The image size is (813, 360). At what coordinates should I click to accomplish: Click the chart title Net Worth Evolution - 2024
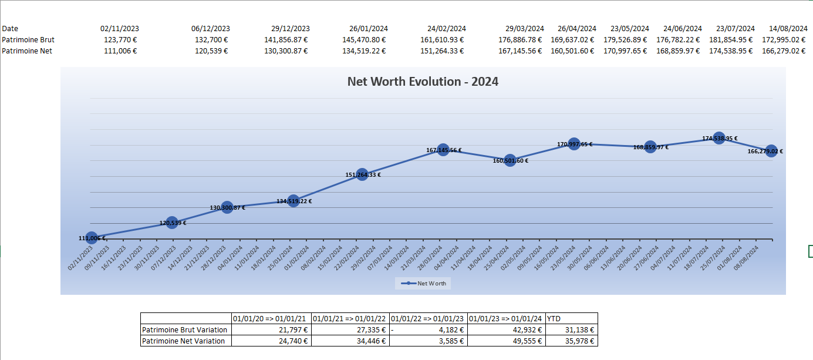coord(423,82)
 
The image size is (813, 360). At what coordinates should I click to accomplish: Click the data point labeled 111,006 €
coord(92,238)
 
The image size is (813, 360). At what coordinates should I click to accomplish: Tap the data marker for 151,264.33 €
coord(362,174)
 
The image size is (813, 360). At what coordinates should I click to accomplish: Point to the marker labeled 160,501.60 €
coord(510,160)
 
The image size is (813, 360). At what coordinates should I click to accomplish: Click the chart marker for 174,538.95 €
coord(719,138)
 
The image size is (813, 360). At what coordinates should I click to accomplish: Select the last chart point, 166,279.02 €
coord(771,151)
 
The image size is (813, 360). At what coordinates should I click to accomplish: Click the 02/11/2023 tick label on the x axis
coord(80,259)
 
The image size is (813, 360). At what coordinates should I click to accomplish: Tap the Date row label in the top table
coord(10,28)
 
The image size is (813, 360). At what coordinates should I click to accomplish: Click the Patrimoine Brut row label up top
coord(28,39)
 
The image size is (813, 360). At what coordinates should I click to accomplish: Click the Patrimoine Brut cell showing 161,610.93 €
coord(442,39)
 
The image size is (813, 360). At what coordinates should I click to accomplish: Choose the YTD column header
coord(554,318)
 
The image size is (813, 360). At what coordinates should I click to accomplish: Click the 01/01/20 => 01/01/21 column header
coord(271,318)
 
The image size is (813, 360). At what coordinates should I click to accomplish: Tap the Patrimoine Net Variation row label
coord(184,341)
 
